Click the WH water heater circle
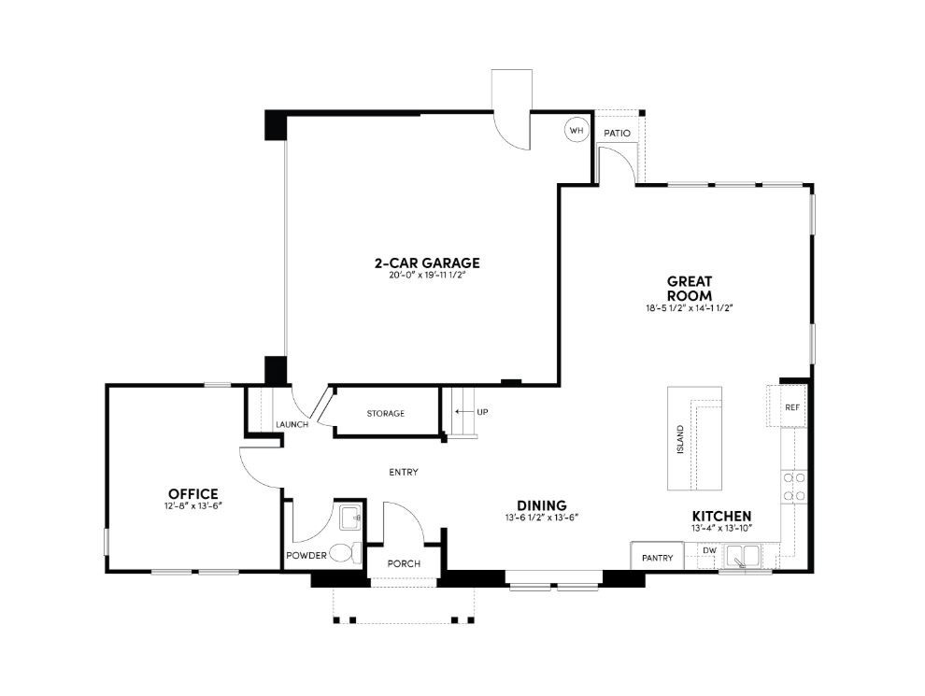point(576,131)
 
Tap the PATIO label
point(617,134)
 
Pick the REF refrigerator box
point(791,407)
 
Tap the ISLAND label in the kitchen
point(680,439)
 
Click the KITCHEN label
point(721,517)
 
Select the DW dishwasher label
point(710,550)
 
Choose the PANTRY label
point(658,558)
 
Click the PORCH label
point(404,563)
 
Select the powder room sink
point(350,516)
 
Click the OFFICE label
point(193,493)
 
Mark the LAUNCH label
point(292,424)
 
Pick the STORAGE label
point(385,413)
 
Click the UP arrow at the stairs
point(462,412)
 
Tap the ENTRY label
point(404,472)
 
